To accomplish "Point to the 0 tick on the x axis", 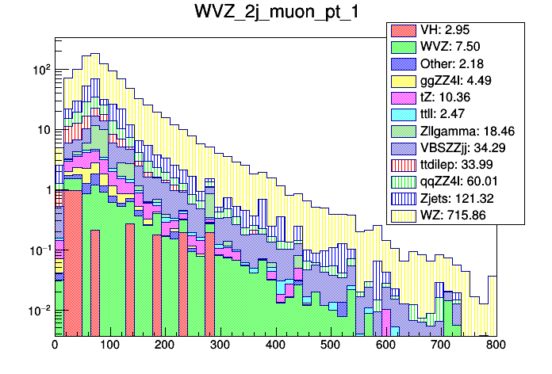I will pos(55,346).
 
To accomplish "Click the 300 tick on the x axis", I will pos(220,346).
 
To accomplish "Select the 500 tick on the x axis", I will pos(331,346).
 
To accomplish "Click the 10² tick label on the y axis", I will pos(40,69).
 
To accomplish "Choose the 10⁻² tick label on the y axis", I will pos(39,310).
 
